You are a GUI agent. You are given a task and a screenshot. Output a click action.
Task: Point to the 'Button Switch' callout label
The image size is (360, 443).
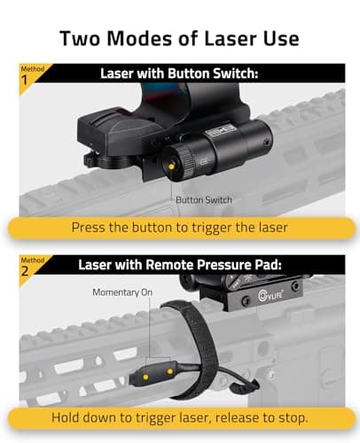click(204, 199)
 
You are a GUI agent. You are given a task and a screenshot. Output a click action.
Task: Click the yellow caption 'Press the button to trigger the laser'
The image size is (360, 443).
click(179, 227)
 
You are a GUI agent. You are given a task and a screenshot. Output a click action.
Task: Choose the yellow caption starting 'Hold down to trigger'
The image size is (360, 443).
click(179, 416)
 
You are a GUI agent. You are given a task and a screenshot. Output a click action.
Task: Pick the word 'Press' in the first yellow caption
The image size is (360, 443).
click(95, 227)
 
